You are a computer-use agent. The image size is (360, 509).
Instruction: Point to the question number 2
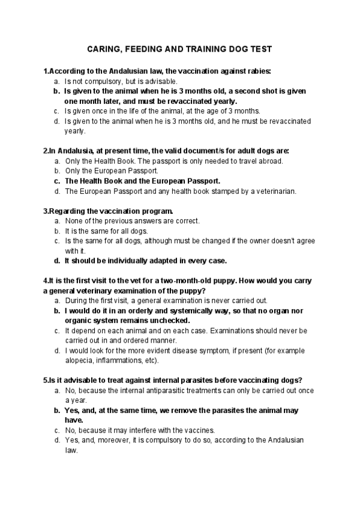(46, 151)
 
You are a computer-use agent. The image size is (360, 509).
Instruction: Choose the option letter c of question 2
(57, 181)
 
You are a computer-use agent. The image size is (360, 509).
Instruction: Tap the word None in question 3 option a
(73, 221)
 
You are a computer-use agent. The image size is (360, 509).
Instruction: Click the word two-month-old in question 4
(195, 280)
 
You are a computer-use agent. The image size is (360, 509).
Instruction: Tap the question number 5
(46, 380)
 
